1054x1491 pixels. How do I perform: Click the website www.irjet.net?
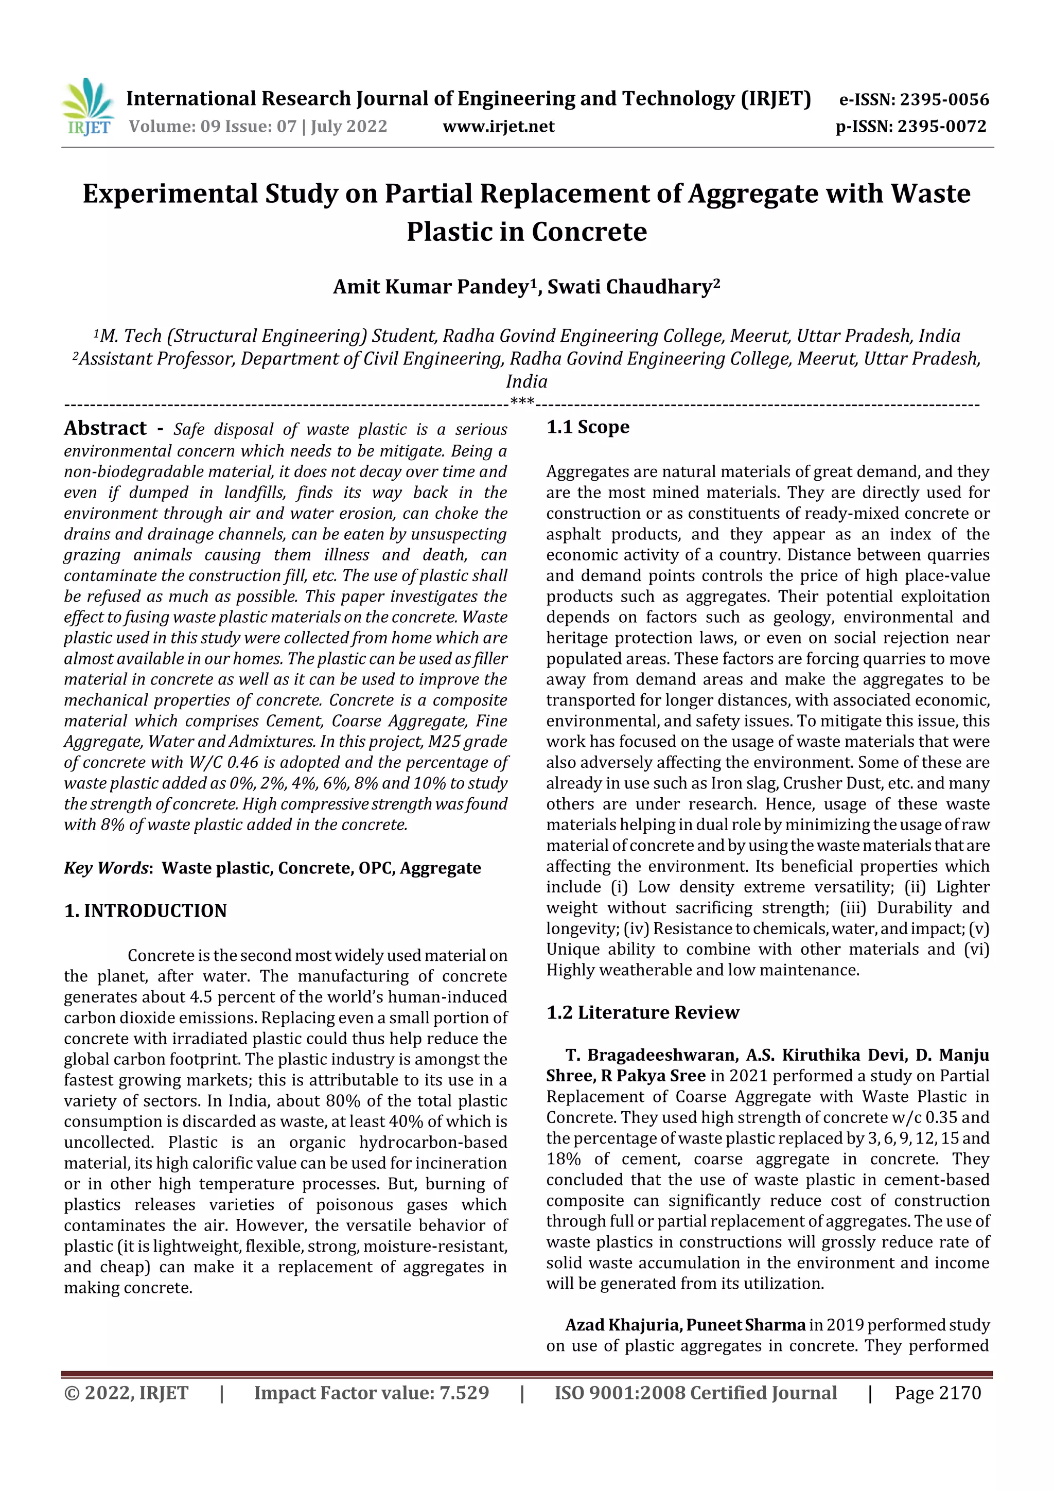[498, 126]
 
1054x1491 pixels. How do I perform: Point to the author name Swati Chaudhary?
[633, 286]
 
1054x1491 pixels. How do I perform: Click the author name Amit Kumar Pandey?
[431, 286]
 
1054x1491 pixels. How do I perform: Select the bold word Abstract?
[105, 428]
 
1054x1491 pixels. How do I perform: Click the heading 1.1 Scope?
[587, 427]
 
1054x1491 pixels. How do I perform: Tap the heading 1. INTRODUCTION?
[146, 910]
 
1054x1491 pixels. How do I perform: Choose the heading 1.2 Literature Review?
[642, 1012]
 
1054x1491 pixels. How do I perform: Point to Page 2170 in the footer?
[937, 1392]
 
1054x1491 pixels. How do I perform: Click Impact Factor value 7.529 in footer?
[371, 1392]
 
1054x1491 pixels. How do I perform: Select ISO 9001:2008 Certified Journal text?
[695, 1392]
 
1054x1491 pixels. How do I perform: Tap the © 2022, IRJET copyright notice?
[126, 1392]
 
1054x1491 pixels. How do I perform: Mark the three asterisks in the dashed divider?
[522, 401]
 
